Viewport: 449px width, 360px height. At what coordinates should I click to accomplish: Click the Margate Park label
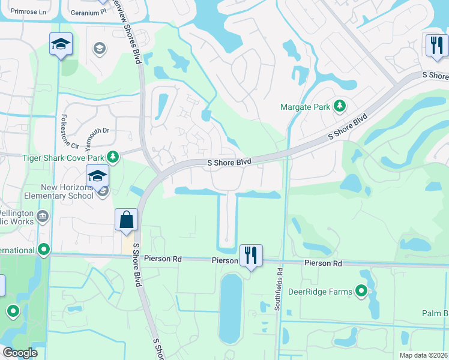click(306, 107)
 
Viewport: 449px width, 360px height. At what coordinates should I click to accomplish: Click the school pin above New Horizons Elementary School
click(97, 176)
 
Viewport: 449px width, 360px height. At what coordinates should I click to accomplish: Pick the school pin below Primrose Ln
click(60, 44)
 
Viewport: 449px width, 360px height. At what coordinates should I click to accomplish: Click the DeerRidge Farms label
click(327, 292)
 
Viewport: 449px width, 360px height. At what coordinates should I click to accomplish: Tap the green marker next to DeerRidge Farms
click(361, 292)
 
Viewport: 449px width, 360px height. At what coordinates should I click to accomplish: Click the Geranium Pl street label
click(88, 11)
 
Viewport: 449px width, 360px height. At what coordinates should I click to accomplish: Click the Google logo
click(20, 353)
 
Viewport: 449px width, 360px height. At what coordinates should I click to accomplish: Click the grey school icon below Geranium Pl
click(99, 48)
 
